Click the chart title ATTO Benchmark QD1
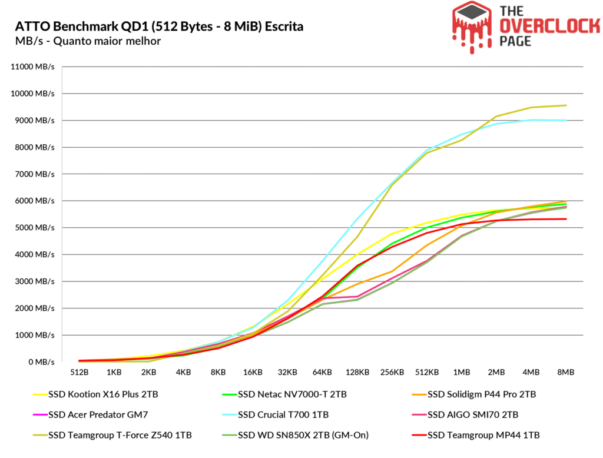160,26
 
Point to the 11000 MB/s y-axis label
33,67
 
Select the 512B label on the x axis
79,373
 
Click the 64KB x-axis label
323,373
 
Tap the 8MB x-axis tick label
566,373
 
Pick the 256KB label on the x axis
392,373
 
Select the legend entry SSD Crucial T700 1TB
283,414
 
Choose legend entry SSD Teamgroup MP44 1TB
483,435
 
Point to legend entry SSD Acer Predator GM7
95,414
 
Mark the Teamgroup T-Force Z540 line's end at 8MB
566,105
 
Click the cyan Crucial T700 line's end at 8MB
566,120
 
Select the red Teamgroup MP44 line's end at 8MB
566,219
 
